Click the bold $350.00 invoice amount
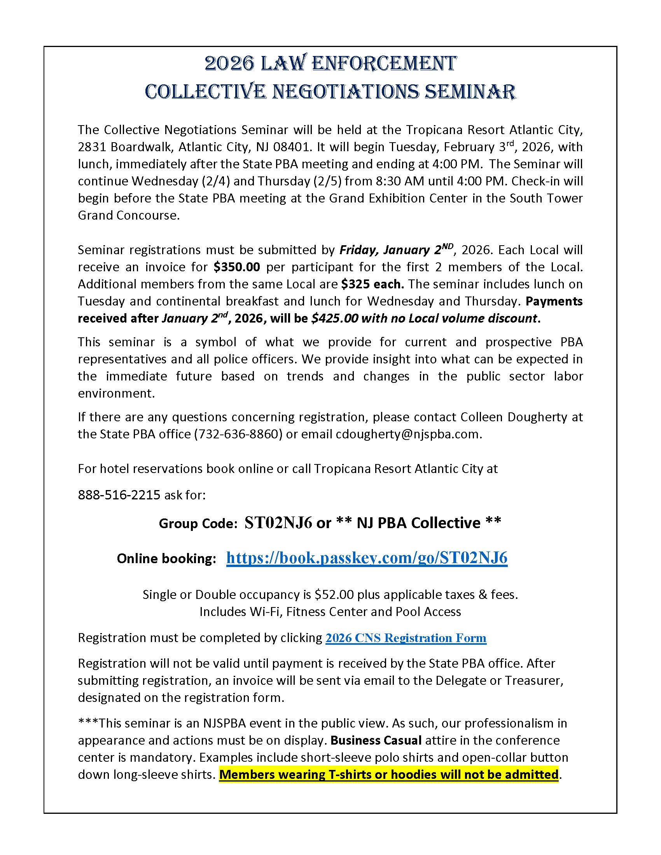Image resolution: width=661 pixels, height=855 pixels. coord(237,267)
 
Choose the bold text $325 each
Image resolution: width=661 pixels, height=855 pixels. coord(372,284)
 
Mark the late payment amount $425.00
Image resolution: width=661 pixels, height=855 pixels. coord(335,318)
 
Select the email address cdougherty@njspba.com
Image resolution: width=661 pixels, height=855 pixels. coord(407,434)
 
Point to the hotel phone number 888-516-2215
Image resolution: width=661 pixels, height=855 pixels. coord(119,495)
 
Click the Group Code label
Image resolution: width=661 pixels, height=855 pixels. coord(198,523)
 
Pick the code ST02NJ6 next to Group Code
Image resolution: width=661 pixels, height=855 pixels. coord(278,523)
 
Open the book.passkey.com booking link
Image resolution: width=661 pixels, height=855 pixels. coord(367,557)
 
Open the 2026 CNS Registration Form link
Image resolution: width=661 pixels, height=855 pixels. coord(406,638)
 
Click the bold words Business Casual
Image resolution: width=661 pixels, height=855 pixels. coord(376,740)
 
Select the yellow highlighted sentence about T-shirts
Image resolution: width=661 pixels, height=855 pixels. coord(388,775)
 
